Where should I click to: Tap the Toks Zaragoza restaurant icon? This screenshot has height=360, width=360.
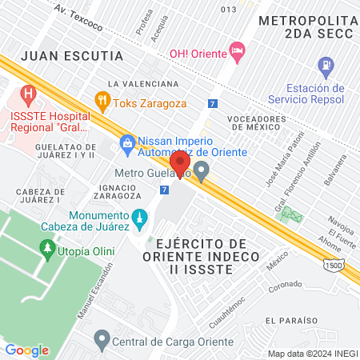[x=102, y=101]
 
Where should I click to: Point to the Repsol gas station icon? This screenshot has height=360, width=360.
[x=326, y=65]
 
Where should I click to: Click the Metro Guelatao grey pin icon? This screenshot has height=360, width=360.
[x=202, y=170]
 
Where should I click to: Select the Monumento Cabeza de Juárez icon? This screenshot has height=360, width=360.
[x=138, y=217]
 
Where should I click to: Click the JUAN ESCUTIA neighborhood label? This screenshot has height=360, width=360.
[x=72, y=56]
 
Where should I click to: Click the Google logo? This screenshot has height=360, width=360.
[x=27, y=350]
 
